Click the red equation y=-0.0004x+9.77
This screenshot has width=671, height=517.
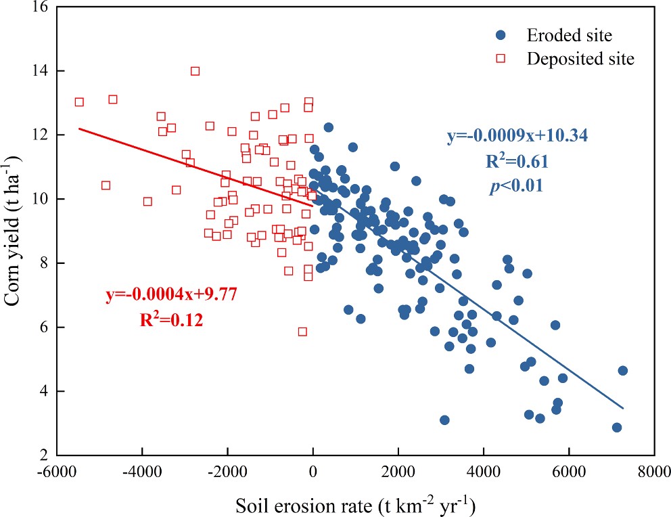[170, 296]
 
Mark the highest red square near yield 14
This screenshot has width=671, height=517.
[195, 71]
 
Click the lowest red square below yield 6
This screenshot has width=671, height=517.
[302, 332]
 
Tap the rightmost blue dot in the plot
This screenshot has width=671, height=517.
[622, 371]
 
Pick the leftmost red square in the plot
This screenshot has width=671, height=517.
[79, 102]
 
